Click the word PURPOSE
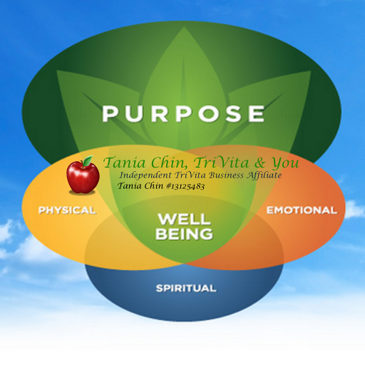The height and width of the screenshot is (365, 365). pos(183,114)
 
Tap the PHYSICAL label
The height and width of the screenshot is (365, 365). pos(67,210)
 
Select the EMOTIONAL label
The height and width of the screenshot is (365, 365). pos(302,210)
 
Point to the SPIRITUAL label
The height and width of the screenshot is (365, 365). pos(186,289)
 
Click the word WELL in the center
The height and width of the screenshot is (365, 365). pos(185,219)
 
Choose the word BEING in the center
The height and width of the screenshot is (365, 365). pos(184,234)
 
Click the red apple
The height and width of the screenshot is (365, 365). pos(83,176)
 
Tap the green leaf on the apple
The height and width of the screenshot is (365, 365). pos(88,161)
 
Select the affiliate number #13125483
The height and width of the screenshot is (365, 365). pos(185,187)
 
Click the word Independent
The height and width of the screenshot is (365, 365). pos(145,175)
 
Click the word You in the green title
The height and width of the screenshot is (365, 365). pos(285,163)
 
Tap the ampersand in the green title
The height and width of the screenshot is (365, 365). pos(259,163)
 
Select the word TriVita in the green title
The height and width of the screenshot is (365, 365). pos(221,163)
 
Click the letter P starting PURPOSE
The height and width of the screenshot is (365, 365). pos(110,114)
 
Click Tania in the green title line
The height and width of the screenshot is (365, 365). pos(125,163)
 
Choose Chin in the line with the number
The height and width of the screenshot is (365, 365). pos(153,186)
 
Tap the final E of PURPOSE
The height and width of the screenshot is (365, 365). pos(257,114)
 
